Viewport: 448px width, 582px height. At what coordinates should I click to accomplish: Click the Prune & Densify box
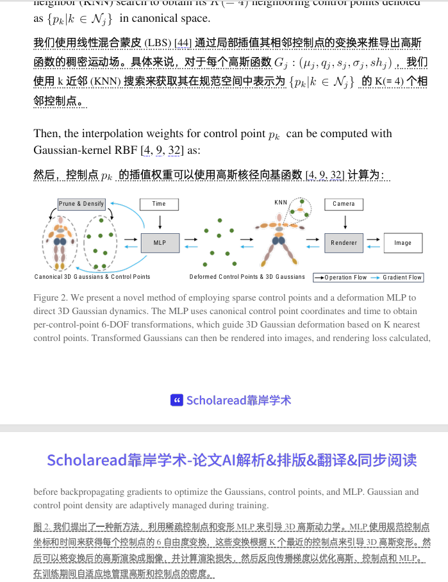coord(81,204)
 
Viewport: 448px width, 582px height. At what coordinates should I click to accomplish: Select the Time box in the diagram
coord(159,204)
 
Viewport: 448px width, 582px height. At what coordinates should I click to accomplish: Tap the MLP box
coord(160,243)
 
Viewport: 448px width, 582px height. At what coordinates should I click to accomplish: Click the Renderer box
coord(344,243)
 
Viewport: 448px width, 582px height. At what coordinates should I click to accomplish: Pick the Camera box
coord(344,204)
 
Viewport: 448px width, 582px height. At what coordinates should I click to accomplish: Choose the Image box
coord(402,243)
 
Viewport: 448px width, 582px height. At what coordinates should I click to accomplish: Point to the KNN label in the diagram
coord(281,203)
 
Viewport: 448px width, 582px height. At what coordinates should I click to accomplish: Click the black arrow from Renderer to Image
coord(374,239)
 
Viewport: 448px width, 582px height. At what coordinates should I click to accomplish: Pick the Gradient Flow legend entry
coord(397,278)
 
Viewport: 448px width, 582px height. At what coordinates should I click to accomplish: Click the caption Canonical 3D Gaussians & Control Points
coord(92,277)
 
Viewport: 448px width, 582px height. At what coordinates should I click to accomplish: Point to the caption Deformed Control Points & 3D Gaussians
coord(247,277)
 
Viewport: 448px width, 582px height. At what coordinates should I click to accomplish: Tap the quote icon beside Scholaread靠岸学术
coord(177,400)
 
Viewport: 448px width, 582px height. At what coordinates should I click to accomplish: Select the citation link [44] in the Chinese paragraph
coord(183,44)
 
